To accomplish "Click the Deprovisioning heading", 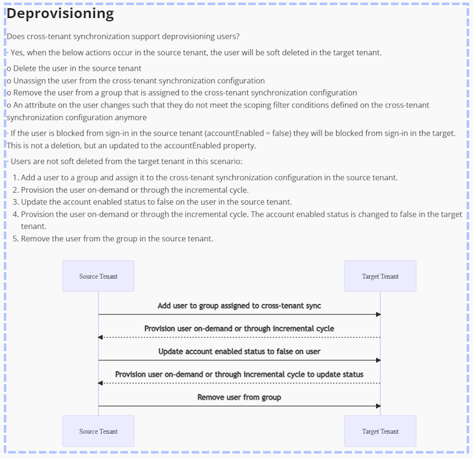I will coord(60,13).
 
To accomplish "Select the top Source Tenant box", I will coord(98,276).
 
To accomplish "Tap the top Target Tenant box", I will coord(380,276).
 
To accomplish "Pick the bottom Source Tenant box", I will coord(98,431).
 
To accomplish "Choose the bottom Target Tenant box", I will coord(380,431).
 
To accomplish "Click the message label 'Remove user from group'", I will coord(239,398).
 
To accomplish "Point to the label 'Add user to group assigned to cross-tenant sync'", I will coord(239,306).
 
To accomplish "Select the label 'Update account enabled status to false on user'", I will coord(239,352).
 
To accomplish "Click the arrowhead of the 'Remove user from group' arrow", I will coord(378,406).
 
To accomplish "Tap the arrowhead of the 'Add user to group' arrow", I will coord(378,314).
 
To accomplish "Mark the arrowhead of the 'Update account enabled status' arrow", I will coord(378,360).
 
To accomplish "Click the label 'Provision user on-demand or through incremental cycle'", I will coord(239,329).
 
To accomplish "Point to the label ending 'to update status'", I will coord(239,375).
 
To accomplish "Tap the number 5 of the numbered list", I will coord(15,239).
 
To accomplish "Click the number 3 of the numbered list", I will coord(15,202).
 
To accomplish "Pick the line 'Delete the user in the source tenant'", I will coord(76,69).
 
